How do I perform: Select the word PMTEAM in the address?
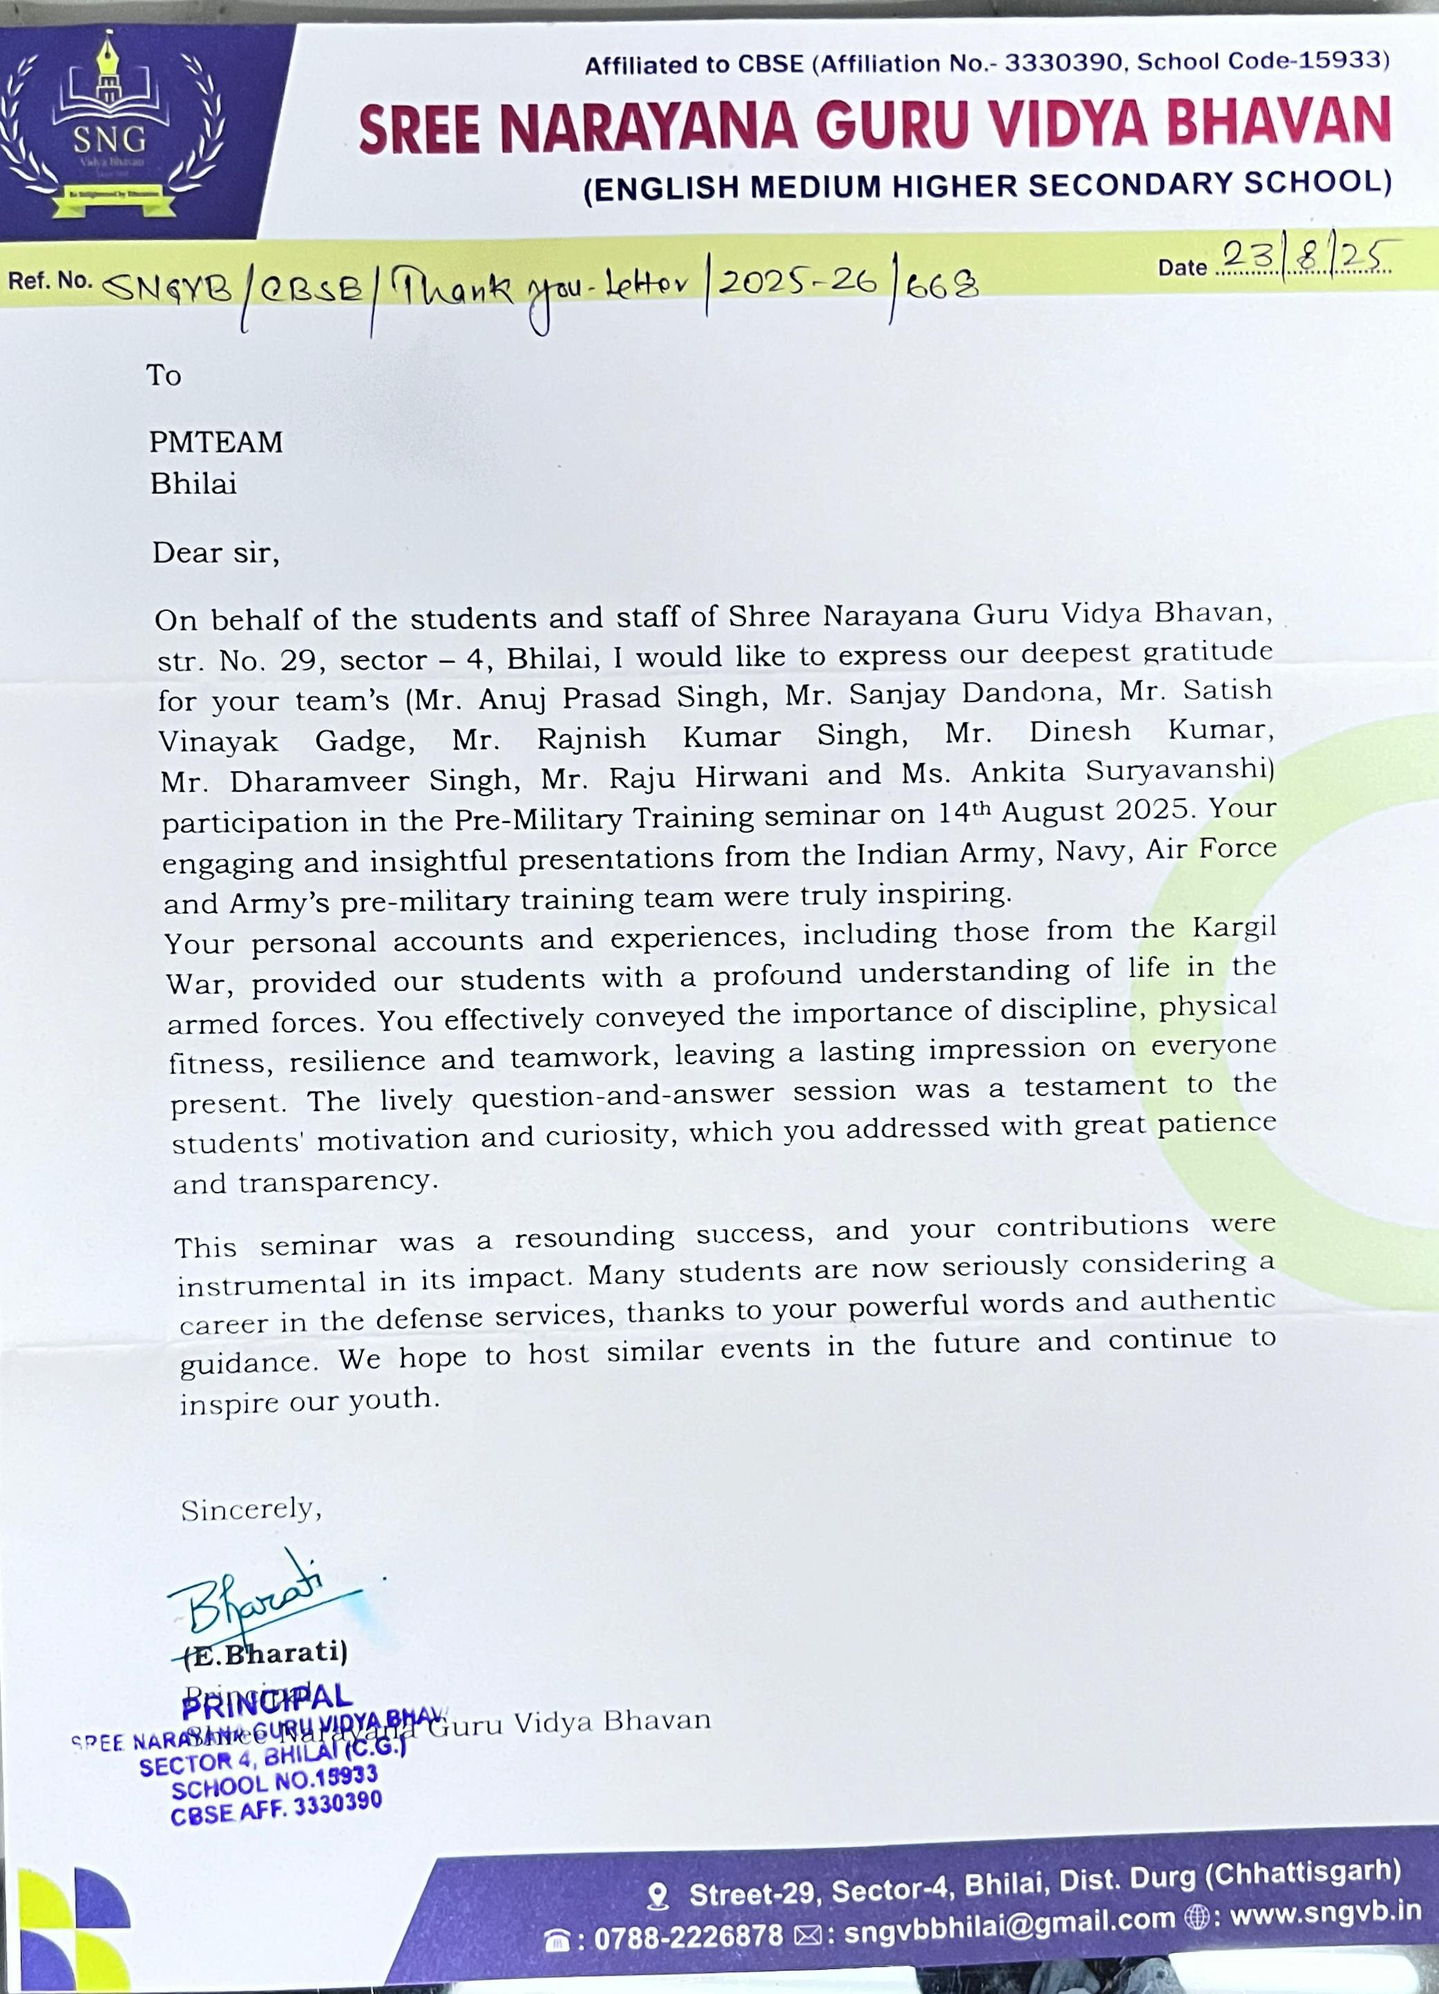(x=216, y=441)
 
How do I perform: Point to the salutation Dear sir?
(x=216, y=553)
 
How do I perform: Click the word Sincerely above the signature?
(x=251, y=1510)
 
